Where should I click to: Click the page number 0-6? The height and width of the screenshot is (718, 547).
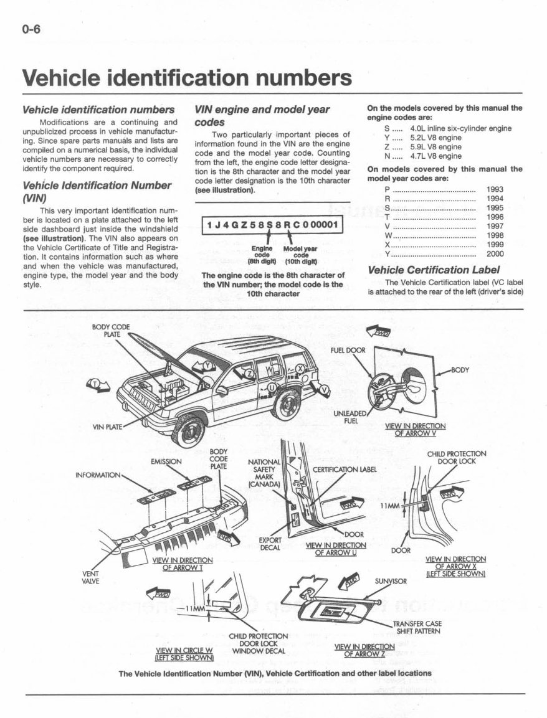(31, 31)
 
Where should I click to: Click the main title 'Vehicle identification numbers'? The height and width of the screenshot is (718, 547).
(186, 79)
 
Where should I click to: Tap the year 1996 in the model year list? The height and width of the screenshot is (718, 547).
(495, 217)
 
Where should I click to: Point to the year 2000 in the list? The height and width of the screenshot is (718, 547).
(495, 254)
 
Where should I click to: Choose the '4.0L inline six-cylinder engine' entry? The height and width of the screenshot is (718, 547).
(460, 128)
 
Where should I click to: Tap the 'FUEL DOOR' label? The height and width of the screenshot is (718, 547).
(348, 350)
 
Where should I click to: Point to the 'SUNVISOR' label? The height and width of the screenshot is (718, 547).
(391, 581)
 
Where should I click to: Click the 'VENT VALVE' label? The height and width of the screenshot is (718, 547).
(91, 577)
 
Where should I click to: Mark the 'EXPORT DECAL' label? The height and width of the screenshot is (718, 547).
(270, 544)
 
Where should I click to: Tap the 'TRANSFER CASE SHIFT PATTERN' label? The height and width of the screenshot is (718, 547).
(418, 627)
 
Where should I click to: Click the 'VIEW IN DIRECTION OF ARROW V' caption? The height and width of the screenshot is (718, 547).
(416, 430)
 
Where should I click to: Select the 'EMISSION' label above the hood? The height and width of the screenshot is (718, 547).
(166, 461)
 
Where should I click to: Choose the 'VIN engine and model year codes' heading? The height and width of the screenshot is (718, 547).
(262, 116)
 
